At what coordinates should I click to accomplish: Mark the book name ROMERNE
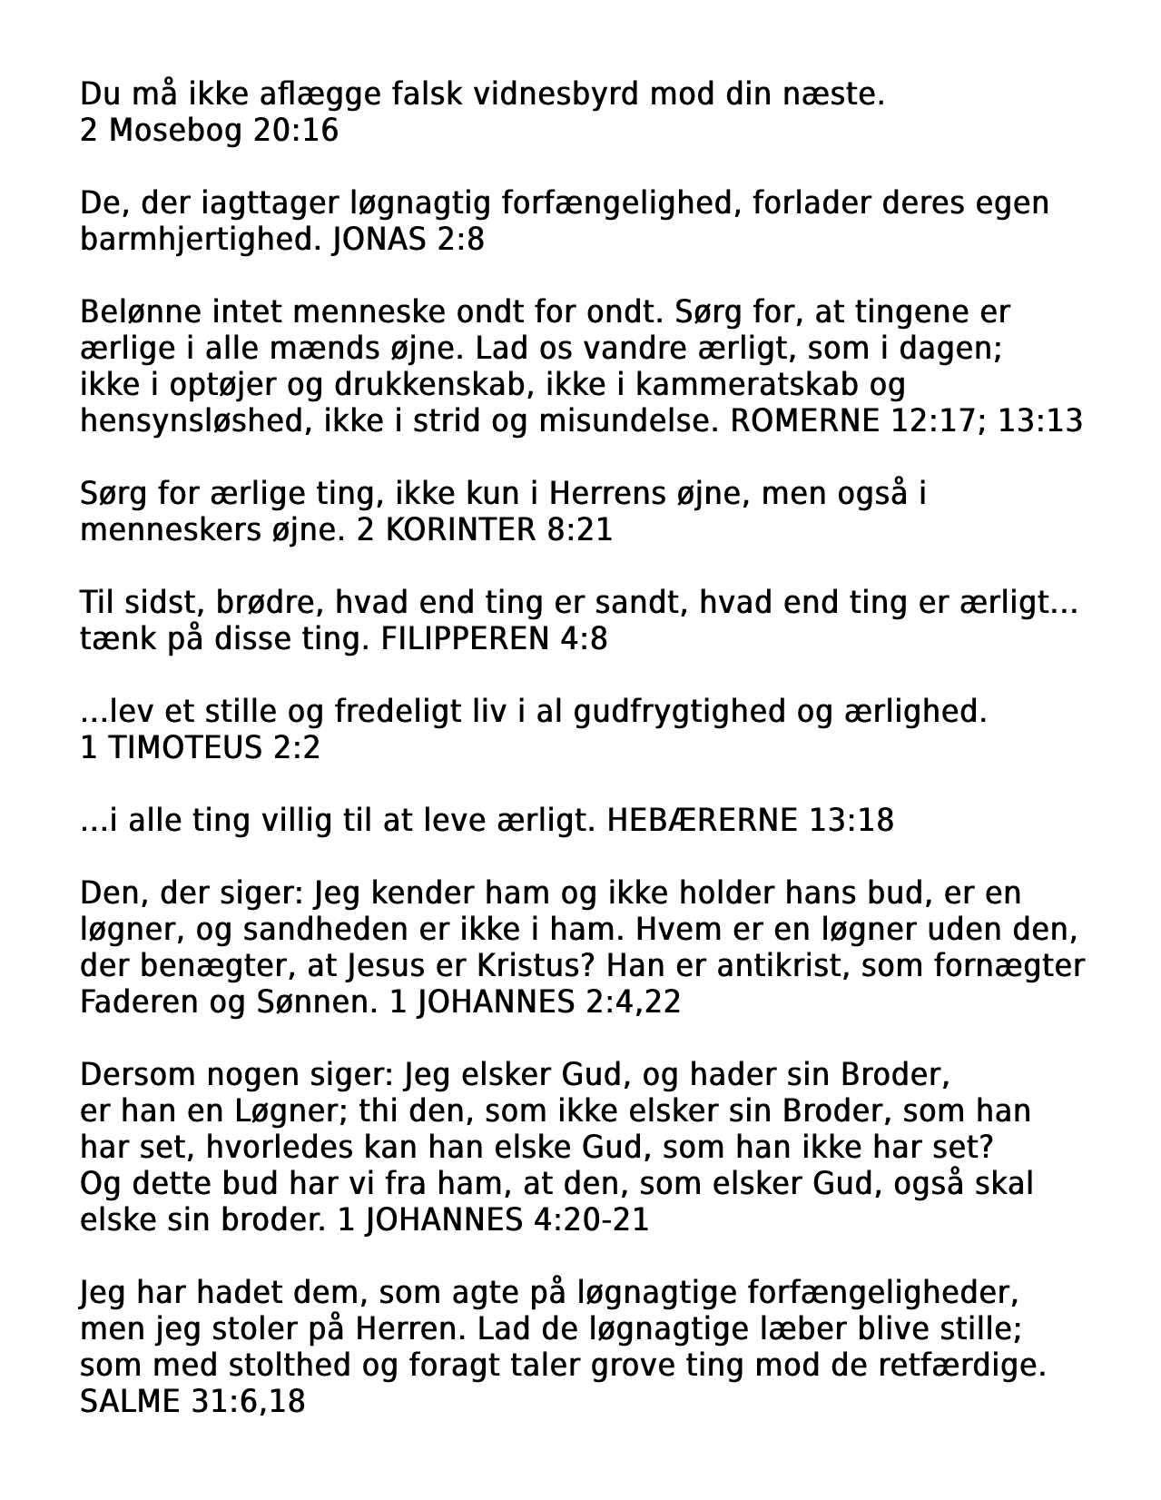click(x=804, y=420)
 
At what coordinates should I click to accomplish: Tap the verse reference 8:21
click(x=580, y=529)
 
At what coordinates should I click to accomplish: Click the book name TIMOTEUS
click(x=184, y=747)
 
